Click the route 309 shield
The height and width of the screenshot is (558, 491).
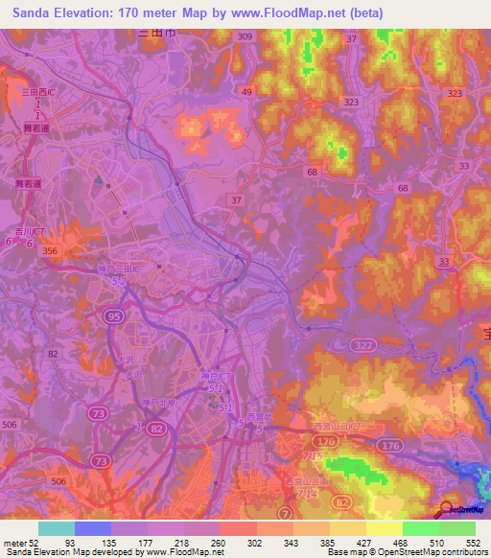245,36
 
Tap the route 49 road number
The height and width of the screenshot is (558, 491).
246,92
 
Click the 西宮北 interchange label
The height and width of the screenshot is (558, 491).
259,416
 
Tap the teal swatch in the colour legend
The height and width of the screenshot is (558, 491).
56,528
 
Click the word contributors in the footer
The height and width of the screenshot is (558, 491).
456,552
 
